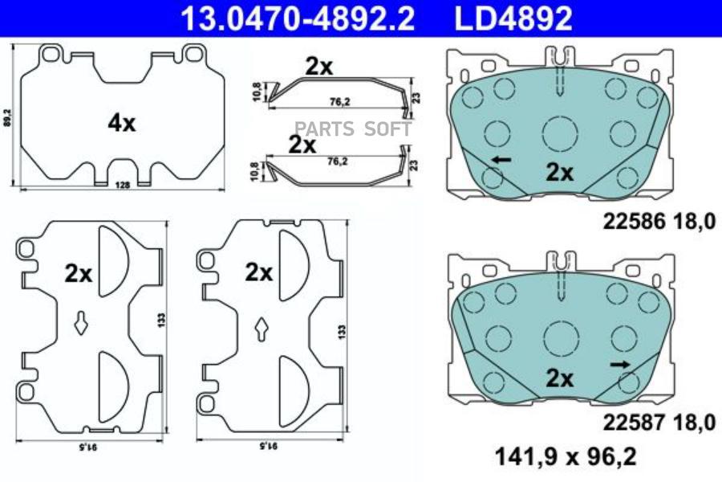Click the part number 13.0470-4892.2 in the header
pyautogui.click(x=298, y=18)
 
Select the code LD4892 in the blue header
pyautogui.click(x=513, y=18)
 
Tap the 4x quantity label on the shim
pyautogui.click(x=122, y=123)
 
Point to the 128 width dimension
pyautogui.click(x=123, y=185)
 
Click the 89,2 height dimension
pyautogui.click(x=6, y=118)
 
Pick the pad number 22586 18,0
pyautogui.click(x=659, y=222)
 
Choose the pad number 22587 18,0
pyautogui.click(x=659, y=423)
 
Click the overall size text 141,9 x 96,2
pyautogui.click(x=566, y=456)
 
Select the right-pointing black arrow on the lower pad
pyautogui.click(x=620, y=365)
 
